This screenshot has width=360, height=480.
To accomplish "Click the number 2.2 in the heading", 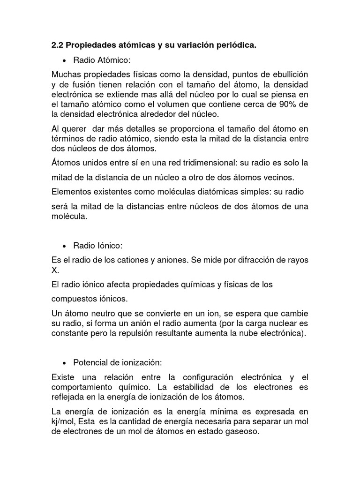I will [x=57, y=45].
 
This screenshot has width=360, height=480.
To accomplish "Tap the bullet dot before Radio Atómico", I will [x=64, y=60].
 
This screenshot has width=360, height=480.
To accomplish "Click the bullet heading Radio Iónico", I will [x=97, y=246].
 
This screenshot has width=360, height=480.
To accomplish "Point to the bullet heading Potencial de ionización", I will [x=118, y=362].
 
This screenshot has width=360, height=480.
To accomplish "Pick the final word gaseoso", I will [x=241, y=432].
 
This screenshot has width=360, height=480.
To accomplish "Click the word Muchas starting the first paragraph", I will [x=66, y=75].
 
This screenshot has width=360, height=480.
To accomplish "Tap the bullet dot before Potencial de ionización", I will [x=64, y=362].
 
